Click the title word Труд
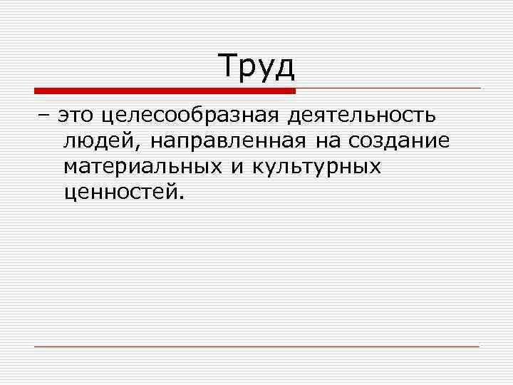pyautogui.click(x=256, y=66)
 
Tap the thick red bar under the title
pyautogui.click(x=165, y=91)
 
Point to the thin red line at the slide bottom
pyautogui.click(x=256, y=346)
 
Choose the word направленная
pyautogui.click(x=229, y=141)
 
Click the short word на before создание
pyautogui.click(x=328, y=141)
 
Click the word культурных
pyautogui.click(x=317, y=167)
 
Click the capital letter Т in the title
pyautogui.click(x=229, y=66)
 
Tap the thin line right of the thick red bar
pyautogui.click(x=388, y=88)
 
